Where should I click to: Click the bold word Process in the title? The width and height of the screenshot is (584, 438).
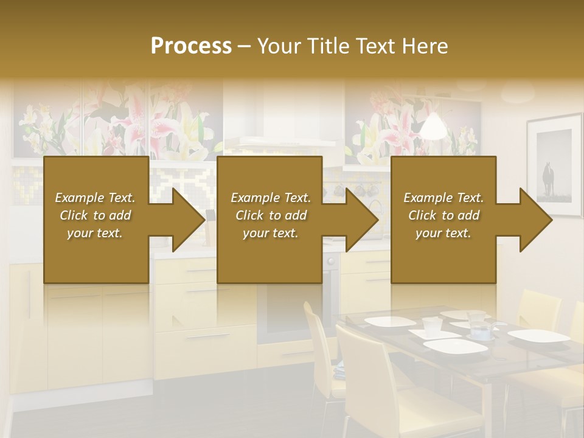[191, 46]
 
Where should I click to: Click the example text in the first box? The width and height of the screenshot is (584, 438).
[95, 215]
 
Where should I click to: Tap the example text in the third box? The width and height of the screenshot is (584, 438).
[443, 215]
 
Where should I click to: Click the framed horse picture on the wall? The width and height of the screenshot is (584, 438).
[555, 165]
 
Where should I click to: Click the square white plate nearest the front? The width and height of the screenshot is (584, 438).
[455, 346]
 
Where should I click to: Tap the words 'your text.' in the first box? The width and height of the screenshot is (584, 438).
[95, 233]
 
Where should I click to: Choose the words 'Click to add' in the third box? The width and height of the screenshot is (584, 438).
[443, 215]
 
